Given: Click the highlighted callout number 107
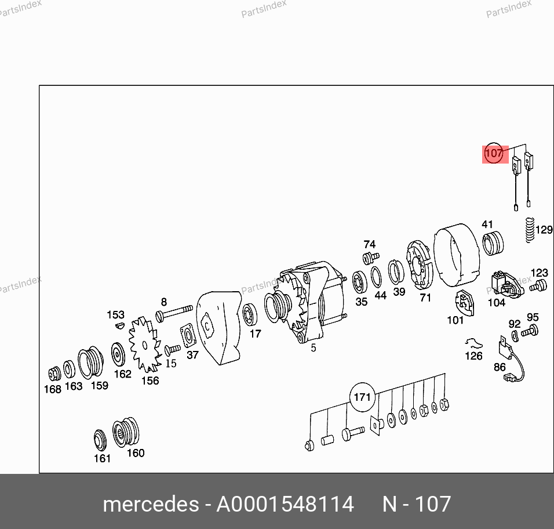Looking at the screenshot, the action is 494,154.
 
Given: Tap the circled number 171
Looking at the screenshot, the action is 362,397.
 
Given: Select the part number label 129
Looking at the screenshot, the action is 544,230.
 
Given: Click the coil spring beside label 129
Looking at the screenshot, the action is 529,230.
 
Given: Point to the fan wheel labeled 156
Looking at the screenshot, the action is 144,345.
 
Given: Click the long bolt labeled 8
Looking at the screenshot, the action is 174,313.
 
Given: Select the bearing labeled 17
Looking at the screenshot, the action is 250,315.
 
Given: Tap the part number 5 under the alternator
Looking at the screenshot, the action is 314,348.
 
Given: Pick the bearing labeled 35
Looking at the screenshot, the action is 360,282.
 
